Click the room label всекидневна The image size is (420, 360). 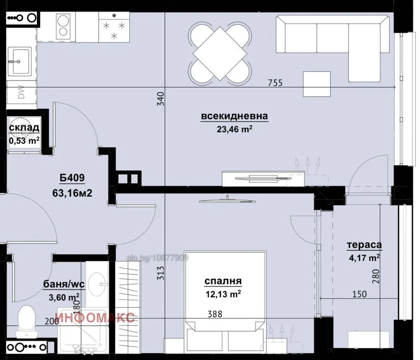click(234, 116)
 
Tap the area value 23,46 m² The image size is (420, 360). click(234, 129)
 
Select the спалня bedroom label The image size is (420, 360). click(223, 281)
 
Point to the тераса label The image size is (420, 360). click(364, 245)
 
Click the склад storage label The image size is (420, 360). click(24, 127)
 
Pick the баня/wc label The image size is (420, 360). click(64, 284)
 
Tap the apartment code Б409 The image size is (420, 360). click(72, 178)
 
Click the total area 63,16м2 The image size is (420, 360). click(72, 193)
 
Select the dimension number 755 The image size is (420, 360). click(276, 83)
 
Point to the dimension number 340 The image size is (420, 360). click(160, 98)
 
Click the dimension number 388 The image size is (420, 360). click(215, 314)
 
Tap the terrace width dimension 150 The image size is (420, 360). click(359, 294)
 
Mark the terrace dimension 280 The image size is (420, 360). click(376, 276)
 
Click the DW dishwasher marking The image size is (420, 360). click(21, 92)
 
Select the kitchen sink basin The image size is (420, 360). click(20, 61)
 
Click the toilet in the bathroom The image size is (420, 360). click(26, 322)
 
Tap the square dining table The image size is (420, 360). click(220, 54)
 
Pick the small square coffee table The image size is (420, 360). click(317, 84)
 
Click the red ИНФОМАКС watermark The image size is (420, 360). click(96, 318)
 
